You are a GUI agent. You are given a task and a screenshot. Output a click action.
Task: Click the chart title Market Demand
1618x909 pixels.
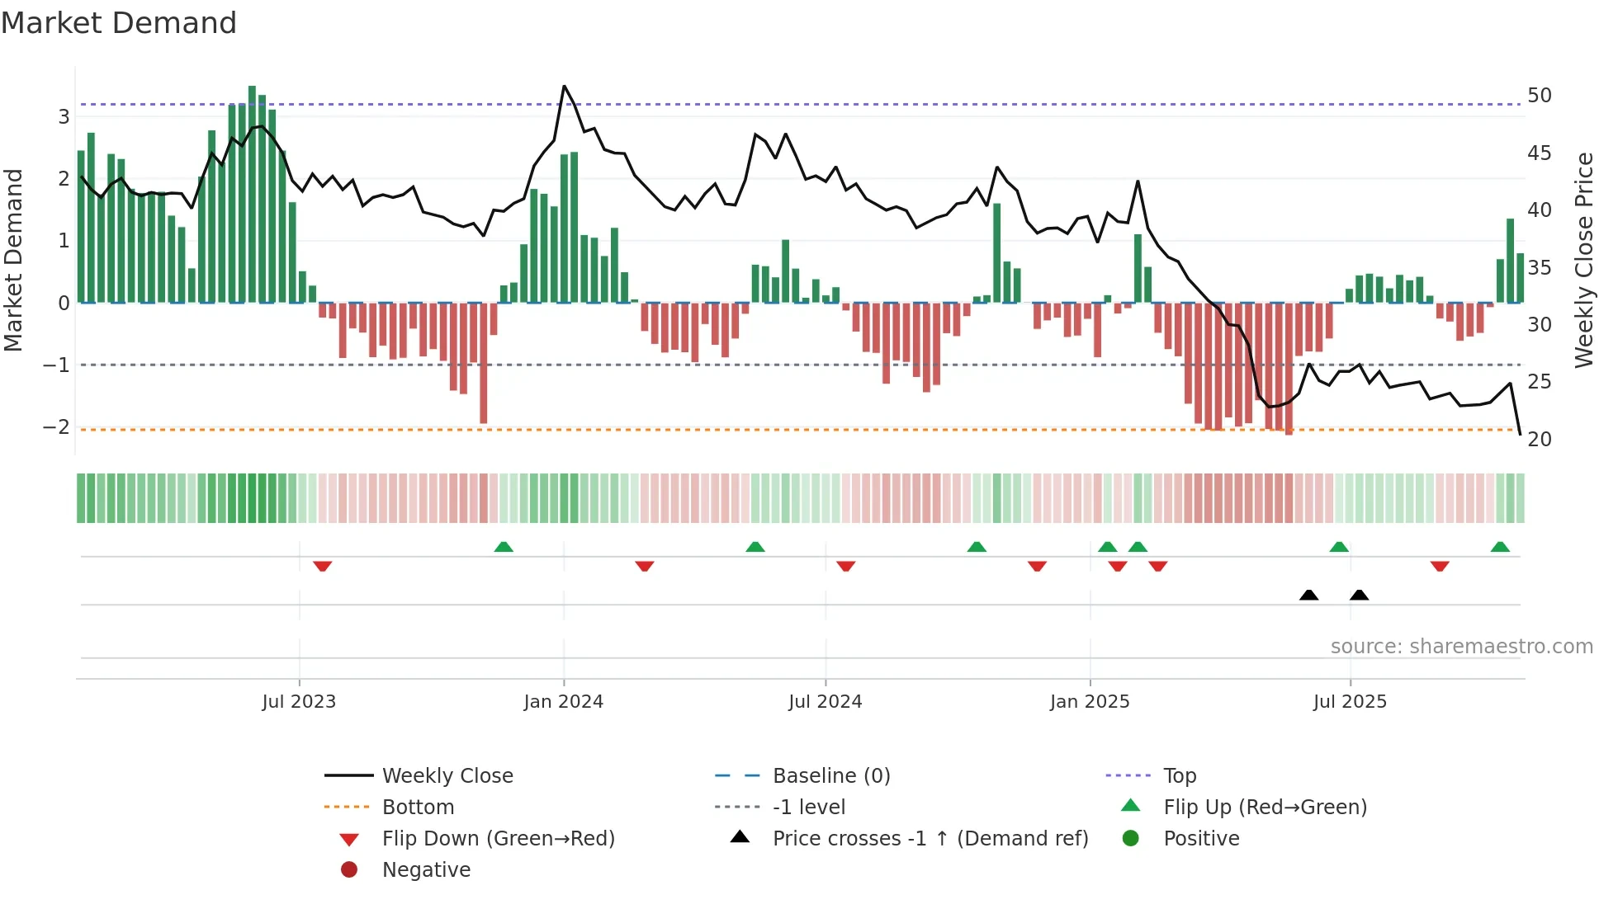pos(119,23)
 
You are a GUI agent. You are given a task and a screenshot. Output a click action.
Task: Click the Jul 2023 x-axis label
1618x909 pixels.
pos(299,702)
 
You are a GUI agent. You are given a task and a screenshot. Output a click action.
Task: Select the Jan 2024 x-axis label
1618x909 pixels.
pos(563,702)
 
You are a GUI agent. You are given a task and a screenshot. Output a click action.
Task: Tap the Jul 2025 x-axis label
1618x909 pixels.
pos(1350,702)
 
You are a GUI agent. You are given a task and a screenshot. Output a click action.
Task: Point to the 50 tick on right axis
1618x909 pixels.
pos(1539,96)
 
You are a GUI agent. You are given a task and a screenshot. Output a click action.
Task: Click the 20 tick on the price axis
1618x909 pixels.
pos(1539,440)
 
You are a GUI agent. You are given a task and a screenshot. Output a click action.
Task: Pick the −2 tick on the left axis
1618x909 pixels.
pos(56,427)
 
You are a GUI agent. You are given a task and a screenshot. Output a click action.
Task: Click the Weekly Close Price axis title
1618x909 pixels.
pos(1584,260)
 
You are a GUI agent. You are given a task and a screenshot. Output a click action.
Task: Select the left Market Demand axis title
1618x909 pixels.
pos(14,260)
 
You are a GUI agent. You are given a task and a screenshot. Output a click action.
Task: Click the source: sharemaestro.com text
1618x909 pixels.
pos(1461,647)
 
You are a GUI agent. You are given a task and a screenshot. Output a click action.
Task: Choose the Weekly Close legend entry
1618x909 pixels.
pos(447,776)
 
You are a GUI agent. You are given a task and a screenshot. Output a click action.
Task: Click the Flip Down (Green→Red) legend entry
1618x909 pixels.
pos(498,839)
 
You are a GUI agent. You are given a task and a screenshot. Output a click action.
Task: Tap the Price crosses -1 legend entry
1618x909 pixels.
pos(930,839)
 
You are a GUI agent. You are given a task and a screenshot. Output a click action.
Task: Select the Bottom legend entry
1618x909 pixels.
pos(418,808)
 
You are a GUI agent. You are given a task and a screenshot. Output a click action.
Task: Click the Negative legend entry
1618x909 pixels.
pos(426,870)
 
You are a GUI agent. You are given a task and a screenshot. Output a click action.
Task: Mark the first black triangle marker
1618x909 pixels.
pos(1308,595)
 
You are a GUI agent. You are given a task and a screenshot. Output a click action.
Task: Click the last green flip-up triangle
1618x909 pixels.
pos(1500,547)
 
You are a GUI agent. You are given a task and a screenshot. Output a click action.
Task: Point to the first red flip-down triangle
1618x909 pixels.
pos(323,566)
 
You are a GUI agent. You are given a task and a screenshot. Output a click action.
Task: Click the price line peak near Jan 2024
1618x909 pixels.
pos(564,86)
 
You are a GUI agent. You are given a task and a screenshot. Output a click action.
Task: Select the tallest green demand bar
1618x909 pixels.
pos(252,194)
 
